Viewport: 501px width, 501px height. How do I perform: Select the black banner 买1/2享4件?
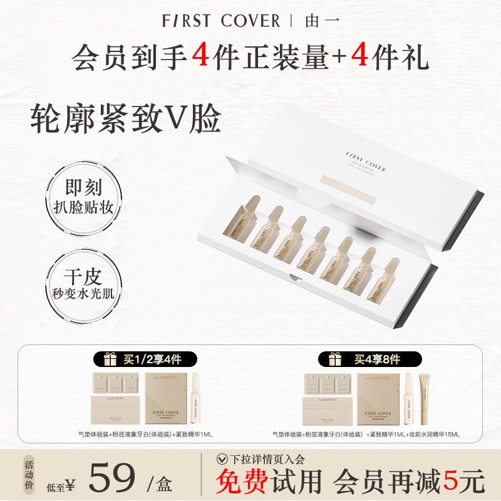[x=145, y=359]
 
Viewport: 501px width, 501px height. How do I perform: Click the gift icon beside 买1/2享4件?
[x=110, y=359]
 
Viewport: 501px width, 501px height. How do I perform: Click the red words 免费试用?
[x=269, y=483]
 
